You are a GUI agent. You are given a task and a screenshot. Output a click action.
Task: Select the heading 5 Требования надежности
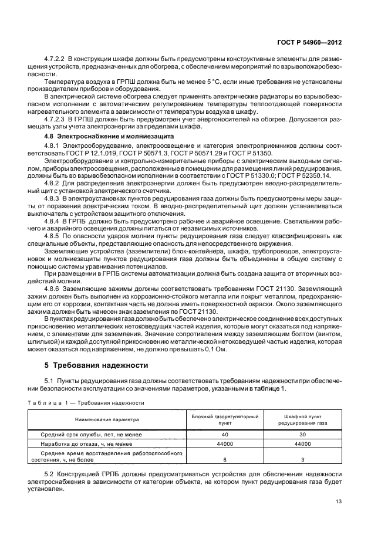tap(97, 365)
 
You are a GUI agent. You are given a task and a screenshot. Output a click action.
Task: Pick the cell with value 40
tap(225, 435)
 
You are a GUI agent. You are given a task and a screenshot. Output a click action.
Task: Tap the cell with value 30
tap(303, 435)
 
